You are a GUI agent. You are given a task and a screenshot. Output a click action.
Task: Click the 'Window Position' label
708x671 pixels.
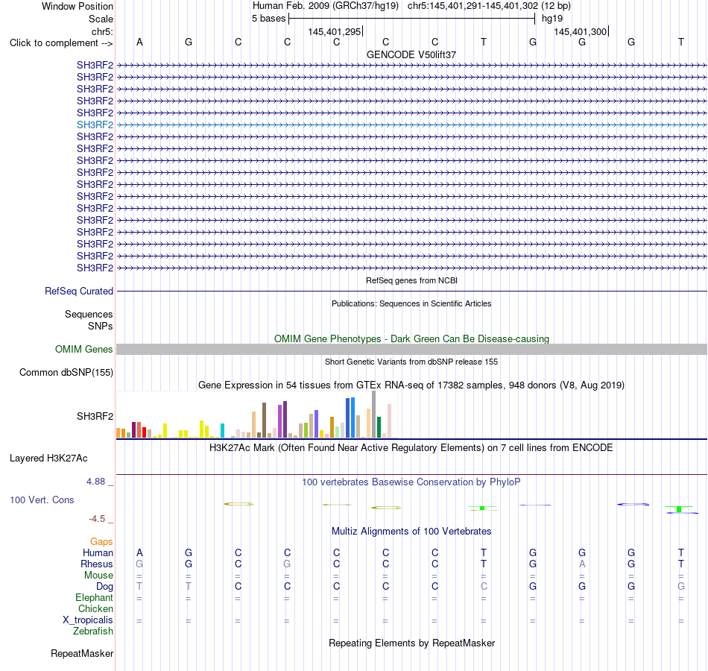pos(78,6)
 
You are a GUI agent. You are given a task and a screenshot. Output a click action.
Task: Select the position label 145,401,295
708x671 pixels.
pos(334,31)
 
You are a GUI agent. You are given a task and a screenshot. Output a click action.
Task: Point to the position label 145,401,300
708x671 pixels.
pos(581,31)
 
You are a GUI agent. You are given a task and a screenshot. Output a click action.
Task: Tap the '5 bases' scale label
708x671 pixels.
pos(268,19)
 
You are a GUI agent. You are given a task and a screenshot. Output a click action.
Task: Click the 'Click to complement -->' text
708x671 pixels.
pos(61,43)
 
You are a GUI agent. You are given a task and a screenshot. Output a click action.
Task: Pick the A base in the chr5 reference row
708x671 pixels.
pos(139,42)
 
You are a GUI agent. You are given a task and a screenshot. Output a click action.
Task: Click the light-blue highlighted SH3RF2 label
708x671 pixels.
pos(95,125)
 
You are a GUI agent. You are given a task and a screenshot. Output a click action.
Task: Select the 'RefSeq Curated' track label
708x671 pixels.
pos(79,291)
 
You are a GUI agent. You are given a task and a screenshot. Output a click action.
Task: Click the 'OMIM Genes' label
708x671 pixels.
pos(84,349)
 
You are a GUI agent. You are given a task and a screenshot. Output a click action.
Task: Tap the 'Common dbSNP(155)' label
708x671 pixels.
pos(66,372)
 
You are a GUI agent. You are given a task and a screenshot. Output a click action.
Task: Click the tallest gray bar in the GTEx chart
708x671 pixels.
pos(374,415)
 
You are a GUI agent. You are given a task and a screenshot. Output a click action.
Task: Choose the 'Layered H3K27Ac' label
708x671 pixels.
pos(48,459)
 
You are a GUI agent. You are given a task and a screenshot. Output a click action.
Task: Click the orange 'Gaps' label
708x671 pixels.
pos(101,541)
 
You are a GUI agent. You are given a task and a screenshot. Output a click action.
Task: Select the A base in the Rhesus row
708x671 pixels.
pos(582,564)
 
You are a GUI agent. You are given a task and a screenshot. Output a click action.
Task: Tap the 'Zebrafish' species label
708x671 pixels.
pos(93,631)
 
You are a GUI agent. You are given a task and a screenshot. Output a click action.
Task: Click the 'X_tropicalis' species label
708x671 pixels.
pos(88,620)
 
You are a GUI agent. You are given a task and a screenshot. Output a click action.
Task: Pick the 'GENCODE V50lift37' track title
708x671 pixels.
pos(411,54)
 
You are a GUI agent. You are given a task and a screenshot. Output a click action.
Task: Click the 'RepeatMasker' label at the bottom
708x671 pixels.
pos(82,653)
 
